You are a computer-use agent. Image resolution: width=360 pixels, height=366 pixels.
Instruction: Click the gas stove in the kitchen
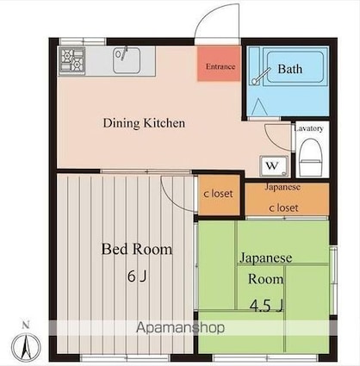pyautogui.click(x=72, y=61)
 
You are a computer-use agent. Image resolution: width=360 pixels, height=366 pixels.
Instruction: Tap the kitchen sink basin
pyautogui.click(x=127, y=60)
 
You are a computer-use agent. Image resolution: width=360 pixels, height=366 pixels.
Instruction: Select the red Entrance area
pyautogui.click(x=219, y=63)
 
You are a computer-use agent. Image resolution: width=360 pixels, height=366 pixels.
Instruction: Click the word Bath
pyautogui.click(x=290, y=69)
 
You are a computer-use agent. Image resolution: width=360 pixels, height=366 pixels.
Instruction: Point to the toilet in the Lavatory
pyautogui.click(x=309, y=158)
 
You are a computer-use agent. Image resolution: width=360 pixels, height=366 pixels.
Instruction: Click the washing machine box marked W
pyautogui.click(x=274, y=165)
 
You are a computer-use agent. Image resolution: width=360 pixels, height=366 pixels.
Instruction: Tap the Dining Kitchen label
pyautogui.click(x=144, y=123)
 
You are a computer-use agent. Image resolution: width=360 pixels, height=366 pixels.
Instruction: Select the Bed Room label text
pyautogui.click(x=137, y=249)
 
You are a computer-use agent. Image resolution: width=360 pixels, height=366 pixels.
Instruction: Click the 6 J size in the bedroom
pyautogui.click(x=137, y=276)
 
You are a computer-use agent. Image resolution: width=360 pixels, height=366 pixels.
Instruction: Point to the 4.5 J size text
pyautogui.click(x=267, y=306)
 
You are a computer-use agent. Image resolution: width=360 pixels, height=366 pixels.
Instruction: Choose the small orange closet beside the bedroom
pyautogui.click(x=219, y=195)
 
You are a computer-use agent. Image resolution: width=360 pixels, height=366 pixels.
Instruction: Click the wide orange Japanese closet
pyautogui.click(x=287, y=199)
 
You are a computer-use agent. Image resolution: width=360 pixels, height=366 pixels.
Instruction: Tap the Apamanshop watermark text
pyautogui.click(x=180, y=327)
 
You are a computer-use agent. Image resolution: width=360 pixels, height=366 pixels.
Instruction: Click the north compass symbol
pyautogui.click(x=26, y=346)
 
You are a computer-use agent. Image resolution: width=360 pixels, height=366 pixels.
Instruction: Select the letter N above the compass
pyautogui.click(x=26, y=326)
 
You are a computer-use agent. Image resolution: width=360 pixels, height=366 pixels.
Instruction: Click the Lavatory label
pyautogui.click(x=309, y=128)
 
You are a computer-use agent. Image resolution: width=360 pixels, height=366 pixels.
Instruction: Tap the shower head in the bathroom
pyautogui.click(x=261, y=76)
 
